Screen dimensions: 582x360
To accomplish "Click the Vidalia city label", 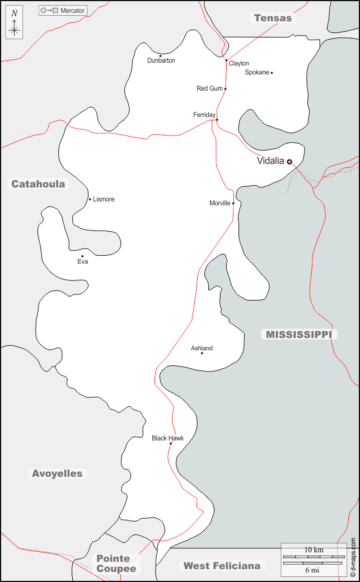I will [270, 161].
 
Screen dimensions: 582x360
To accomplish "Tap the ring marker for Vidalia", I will [289, 162].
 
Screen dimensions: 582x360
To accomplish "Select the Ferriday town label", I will [204, 115].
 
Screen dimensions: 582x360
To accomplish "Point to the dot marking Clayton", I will [226, 60].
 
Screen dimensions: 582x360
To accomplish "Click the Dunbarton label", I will [161, 60].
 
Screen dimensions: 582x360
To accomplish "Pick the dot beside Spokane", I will [272, 73].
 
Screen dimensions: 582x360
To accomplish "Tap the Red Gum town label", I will [209, 88].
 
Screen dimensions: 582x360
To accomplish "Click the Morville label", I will [220, 203].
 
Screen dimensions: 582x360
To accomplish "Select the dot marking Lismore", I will [90, 199].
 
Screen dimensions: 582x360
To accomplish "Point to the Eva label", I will [83, 261].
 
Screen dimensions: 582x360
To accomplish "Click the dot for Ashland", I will [202, 353].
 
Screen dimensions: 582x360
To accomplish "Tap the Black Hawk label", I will [167, 438].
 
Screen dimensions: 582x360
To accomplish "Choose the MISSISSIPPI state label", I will [298, 335].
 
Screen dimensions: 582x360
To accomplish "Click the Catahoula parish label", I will [38, 184].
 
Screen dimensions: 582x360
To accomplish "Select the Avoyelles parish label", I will [57, 473].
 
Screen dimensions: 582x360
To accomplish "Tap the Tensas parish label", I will [273, 18].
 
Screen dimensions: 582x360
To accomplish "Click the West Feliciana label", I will [222, 566].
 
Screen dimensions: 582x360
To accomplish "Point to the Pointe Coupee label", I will [116, 564].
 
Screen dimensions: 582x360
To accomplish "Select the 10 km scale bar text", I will [314, 550].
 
